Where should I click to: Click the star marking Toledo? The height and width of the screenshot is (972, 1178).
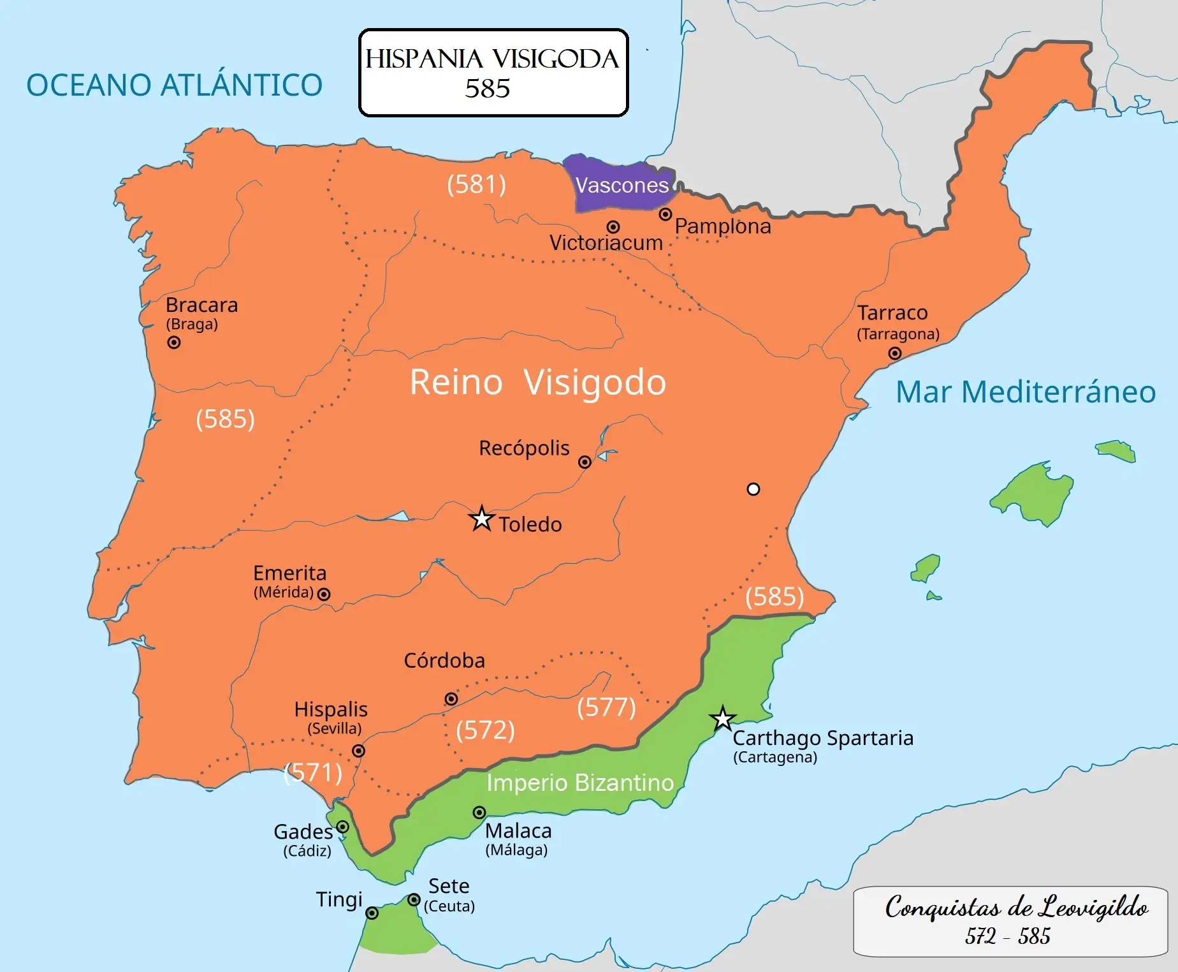click(482, 519)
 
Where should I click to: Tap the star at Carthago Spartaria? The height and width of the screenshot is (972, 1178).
click(722, 719)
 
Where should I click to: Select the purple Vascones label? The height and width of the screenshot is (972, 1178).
click(622, 185)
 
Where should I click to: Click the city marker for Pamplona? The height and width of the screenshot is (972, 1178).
click(665, 214)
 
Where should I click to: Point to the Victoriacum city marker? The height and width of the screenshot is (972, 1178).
click(613, 227)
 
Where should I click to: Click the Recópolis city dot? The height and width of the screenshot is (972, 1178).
click(585, 462)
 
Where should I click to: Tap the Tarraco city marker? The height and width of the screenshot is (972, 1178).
click(895, 353)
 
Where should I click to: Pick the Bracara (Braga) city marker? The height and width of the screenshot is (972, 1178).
click(173, 342)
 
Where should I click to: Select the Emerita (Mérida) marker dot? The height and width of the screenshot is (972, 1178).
click(324, 594)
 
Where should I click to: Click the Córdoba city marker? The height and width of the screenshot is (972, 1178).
click(451, 699)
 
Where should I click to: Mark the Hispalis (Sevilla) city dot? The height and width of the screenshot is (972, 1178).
click(359, 751)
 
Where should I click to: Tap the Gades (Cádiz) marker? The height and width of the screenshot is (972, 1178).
click(342, 827)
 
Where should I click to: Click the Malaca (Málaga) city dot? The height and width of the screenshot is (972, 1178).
click(479, 813)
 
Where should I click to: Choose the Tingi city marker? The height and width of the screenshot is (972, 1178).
click(372, 913)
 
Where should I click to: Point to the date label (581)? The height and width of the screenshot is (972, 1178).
click(476, 184)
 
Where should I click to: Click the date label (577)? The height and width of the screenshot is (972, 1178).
click(606, 707)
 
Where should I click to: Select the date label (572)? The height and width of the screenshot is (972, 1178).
click(485, 730)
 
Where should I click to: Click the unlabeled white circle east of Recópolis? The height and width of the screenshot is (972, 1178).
click(753, 489)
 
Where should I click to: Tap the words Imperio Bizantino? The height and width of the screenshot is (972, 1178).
click(580, 783)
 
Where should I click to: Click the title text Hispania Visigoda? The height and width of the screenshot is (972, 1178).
click(491, 59)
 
